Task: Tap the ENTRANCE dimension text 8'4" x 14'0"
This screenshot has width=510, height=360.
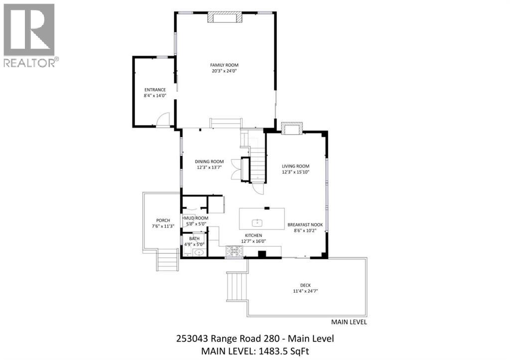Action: click(x=154, y=96)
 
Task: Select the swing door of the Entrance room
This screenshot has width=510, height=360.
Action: click(x=163, y=120)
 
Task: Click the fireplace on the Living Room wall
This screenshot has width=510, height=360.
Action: click(x=291, y=128)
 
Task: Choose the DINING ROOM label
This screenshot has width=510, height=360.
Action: click(x=209, y=161)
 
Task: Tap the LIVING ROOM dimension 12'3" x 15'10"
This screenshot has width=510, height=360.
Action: click(x=296, y=172)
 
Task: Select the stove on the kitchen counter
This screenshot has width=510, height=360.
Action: click(x=234, y=252)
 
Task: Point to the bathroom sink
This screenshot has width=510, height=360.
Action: click(x=199, y=253)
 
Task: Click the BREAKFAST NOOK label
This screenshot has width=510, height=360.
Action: click(x=305, y=225)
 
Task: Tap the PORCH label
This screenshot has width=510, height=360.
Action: click(x=163, y=220)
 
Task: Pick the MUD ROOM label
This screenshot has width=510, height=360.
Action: click(x=196, y=218)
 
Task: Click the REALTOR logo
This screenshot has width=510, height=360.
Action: click(x=29, y=35)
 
